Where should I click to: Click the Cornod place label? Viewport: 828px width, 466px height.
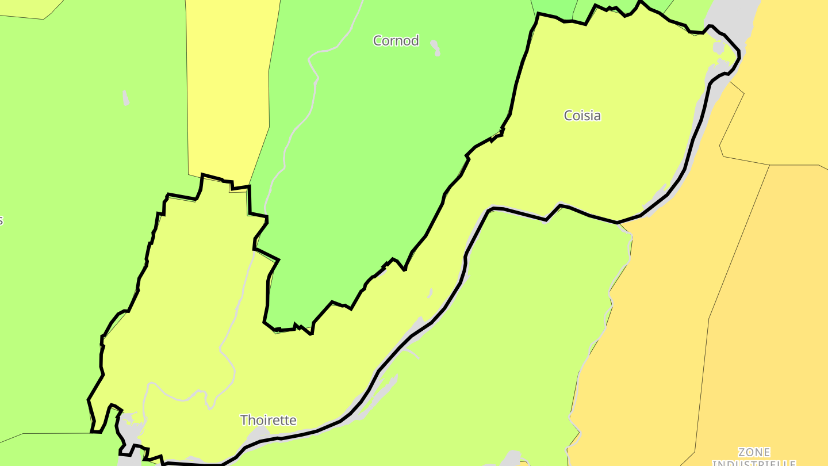pos(396,41)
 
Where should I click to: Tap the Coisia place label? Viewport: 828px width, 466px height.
pos(582,116)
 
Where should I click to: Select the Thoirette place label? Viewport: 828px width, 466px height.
pos(268,421)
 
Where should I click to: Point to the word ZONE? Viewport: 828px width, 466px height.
pos(754,453)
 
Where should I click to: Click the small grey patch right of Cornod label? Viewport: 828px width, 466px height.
pos(436,48)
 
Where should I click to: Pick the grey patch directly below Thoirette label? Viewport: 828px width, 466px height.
pos(259,434)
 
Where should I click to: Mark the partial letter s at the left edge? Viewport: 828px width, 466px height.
pos(1,221)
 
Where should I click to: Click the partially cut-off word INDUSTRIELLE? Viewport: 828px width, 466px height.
pos(754,463)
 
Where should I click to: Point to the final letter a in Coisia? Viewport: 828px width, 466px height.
pos(597,116)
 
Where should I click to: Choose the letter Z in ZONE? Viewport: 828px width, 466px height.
pos(742,453)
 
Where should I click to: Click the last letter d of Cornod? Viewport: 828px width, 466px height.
pos(415,41)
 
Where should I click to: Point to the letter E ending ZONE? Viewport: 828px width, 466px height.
pos(766,453)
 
